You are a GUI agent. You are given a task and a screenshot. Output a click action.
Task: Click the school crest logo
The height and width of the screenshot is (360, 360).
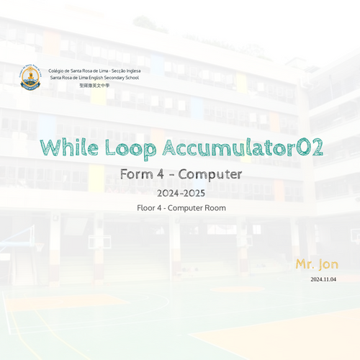click(30, 77)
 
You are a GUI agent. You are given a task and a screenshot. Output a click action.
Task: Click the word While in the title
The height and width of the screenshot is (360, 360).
click(69, 148)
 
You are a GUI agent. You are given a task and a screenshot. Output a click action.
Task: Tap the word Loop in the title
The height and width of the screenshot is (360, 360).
click(131, 149)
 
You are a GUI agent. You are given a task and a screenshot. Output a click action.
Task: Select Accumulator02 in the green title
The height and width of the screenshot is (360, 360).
click(243, 147)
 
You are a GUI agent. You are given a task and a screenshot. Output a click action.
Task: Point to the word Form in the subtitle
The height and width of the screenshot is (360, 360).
click(137, 174)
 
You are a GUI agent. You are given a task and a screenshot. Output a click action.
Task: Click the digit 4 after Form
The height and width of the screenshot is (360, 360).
click(161, 174)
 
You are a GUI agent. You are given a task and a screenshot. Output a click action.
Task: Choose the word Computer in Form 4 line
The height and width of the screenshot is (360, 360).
click(210, 175)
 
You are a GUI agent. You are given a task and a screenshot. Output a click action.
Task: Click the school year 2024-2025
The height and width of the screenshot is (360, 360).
click(181, 193)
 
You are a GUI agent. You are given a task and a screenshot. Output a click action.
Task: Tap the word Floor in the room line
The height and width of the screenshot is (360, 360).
click(147, 208)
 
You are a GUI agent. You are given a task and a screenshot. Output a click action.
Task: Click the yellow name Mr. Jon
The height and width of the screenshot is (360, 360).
click(317, 264)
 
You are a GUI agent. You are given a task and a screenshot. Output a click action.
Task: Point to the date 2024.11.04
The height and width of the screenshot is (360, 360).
click(323, 279)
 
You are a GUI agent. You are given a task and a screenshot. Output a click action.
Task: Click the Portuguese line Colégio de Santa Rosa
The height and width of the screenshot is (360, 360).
click(94, 71)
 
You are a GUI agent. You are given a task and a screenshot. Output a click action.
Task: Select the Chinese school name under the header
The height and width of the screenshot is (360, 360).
click(94, 86)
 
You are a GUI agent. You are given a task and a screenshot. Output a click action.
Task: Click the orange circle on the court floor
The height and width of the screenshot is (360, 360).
click(238, 289)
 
